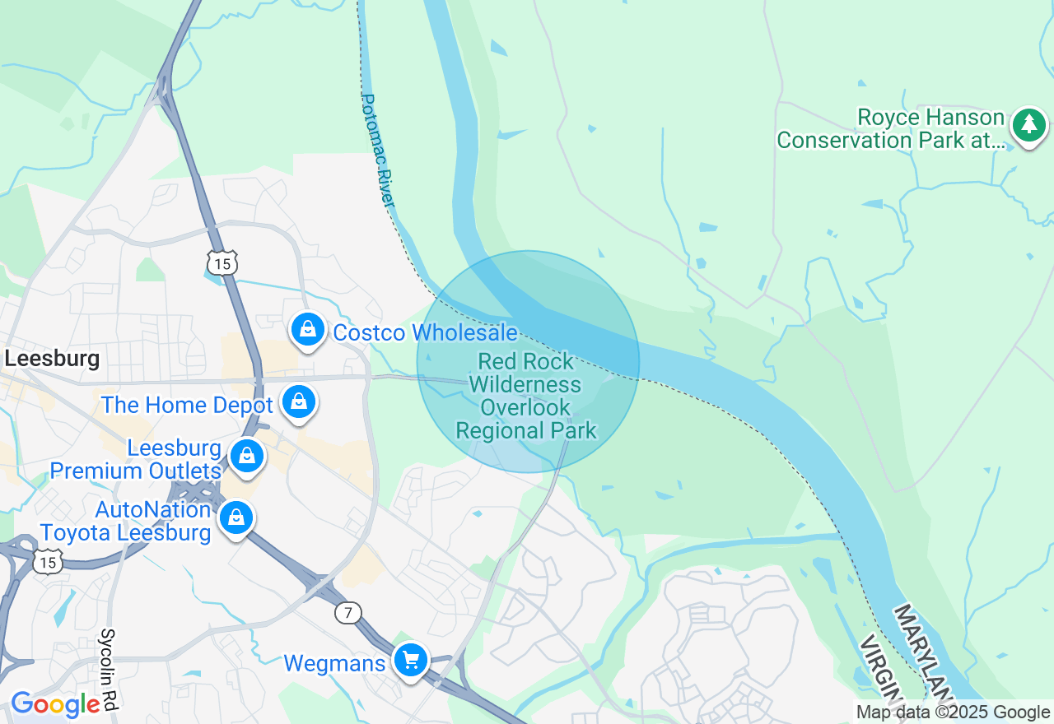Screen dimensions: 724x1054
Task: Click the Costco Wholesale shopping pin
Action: pos(307,330)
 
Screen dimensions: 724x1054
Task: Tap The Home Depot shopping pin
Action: pos(298,402)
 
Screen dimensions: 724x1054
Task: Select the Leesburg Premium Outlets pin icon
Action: pos(247,456)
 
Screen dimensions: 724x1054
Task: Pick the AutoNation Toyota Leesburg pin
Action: pos(236,517)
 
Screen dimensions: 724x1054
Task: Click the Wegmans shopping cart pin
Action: pos(410,660)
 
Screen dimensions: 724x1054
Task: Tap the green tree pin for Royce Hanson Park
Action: pos(1028,125)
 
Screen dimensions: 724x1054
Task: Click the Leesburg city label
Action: pos(52,359)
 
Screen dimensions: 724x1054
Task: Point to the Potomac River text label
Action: pos(380,151)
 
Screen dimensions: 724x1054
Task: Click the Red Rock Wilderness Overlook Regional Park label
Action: pos(527,396)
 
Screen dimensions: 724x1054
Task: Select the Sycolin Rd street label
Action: pos(108,669)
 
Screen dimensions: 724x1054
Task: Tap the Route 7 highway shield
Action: pos(348,612)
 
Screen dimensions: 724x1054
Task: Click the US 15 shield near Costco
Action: pos(222,262)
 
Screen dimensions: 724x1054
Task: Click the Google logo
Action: pos(54,704)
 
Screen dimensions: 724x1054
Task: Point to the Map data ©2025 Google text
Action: pos(953,712)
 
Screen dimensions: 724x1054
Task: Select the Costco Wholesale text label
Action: pos(425,333)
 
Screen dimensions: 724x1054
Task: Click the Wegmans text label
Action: pos(334,664)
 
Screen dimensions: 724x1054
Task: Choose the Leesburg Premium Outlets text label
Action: pos(136,460)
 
